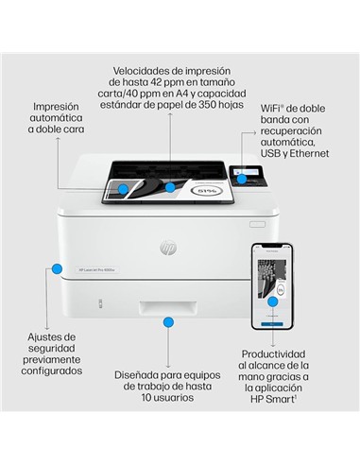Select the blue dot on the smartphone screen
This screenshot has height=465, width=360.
click(x=272, y=300)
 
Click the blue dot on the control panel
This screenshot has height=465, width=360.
click(x=242, y=179)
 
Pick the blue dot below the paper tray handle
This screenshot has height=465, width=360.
click(x=169, y=322)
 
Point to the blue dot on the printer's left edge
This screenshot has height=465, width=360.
click(x=56, y=267)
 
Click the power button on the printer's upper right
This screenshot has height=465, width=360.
click(x=256, y=225)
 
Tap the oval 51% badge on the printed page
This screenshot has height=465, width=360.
click(x=207, y=192)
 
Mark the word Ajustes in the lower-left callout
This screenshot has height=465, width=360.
click(x=48, y=336)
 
